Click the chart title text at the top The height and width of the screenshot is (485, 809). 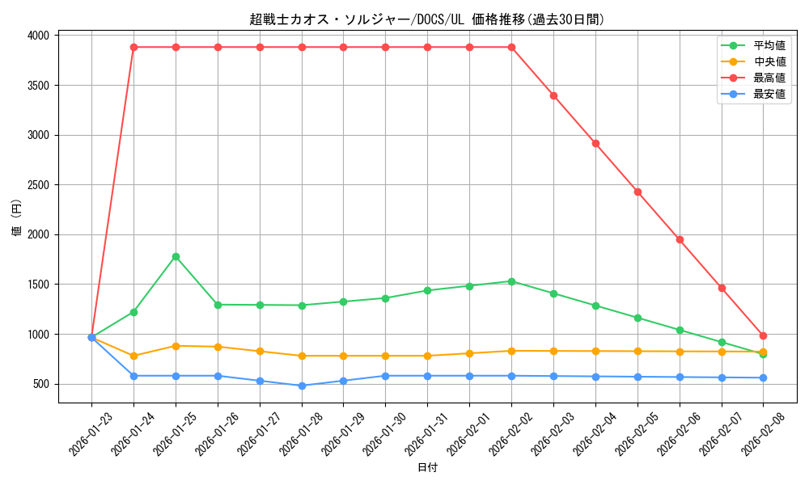point(426,19)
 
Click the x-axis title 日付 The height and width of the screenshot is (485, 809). point(426,468)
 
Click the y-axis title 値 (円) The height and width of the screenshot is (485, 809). point(17,218)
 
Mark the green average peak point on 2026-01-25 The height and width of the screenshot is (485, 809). point(176,256)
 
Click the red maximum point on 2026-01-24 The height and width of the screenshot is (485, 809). point(133,47)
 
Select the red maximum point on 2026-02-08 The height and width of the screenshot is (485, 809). point(763,335)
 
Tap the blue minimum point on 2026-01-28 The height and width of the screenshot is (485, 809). point(302,386)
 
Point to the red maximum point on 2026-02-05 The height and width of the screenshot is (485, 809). point(637,192)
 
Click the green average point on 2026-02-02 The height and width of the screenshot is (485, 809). point(511,281)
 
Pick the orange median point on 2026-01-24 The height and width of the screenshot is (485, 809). point(133,356)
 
